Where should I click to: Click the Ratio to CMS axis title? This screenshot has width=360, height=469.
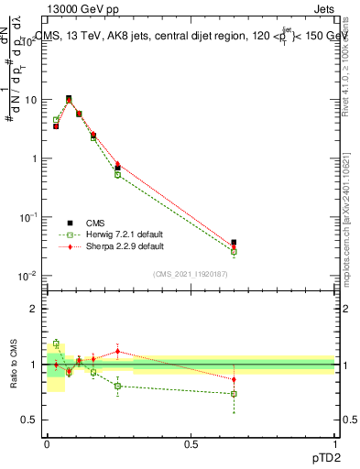(x=15, y=365)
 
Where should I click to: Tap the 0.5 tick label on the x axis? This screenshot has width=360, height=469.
(x=191, y=442)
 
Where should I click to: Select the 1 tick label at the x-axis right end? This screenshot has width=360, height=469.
(x=334, y=442)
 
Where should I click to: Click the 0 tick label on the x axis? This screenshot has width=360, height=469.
(x=48, y=442)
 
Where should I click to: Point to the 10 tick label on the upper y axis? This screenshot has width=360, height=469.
(x=31, y=100)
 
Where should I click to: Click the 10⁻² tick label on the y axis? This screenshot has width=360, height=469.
(x=29, y=276)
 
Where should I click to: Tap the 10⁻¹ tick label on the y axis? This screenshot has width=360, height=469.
(x=29, y=217)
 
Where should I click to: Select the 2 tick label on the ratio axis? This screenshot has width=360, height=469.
(x=35, y=309)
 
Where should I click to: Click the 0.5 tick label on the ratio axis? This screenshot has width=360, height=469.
(x=31, y=420)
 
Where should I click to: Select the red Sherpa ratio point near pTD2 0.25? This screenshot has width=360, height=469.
(x=117, y=351)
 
